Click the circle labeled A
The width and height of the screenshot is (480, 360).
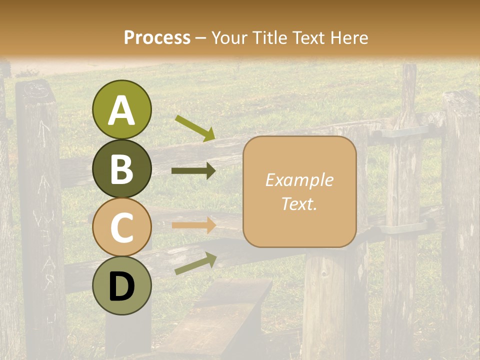click(x=121, y=109)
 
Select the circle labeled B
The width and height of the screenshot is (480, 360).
click(x=121, y=168)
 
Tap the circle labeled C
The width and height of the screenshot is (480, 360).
click(x=121, y=227)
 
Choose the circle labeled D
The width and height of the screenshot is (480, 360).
click(x=121, y=285)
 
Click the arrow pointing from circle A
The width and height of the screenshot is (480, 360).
click(x=194, y=127)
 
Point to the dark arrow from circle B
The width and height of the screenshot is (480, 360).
click(x=193, y=171)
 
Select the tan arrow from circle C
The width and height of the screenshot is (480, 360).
click(x=193, y=225)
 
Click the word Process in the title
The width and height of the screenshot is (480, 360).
click(x=157, y=37)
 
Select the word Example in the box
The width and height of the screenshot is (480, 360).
click(x=299, y=180)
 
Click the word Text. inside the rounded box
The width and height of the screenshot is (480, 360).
click(x=299, y=203)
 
